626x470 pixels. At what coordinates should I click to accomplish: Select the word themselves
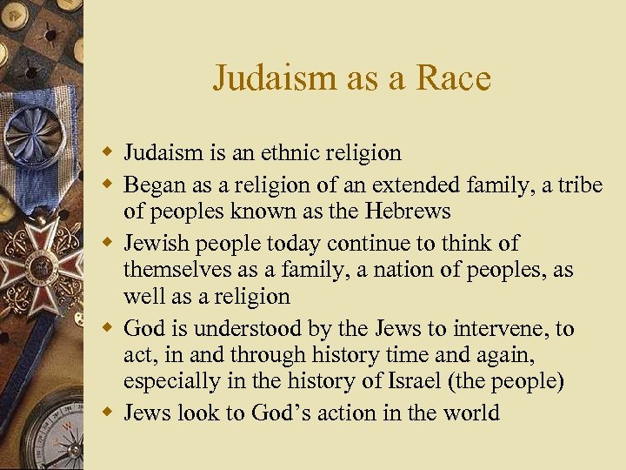tap(175, 270)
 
